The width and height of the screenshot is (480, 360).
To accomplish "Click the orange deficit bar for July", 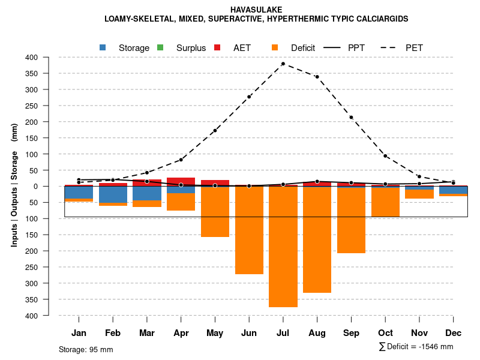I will [283, 247].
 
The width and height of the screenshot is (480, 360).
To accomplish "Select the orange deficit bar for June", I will [249, 230].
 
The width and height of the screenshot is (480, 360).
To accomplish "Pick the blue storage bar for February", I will [113, 194].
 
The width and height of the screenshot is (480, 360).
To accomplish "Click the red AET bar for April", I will [181, 181].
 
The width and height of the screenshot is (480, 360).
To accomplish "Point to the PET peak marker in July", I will [283, 64].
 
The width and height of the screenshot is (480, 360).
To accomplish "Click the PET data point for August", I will [317, 77].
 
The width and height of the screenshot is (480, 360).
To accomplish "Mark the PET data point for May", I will [215, 130].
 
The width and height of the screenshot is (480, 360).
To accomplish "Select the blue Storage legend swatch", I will [103, 47].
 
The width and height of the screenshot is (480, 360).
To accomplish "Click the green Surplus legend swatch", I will [160, 47].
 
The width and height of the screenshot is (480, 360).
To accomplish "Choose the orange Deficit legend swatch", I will [275, 47].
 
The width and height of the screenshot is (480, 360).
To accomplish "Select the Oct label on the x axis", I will [385, 333].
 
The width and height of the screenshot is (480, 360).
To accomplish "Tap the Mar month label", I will [147, 333].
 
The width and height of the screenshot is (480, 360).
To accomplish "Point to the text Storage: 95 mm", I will [86, 349].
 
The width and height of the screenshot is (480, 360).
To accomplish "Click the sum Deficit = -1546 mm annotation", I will [416, 347].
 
